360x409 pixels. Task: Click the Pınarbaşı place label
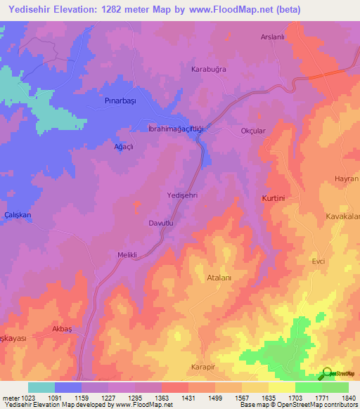[x=115, y=102]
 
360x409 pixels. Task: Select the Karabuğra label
[x=208, y=70]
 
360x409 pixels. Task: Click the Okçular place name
[x=253, y=131]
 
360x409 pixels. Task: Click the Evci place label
[x=319, y=261]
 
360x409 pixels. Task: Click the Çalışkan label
[x=17, y=214]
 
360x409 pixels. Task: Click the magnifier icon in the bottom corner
[x=328, y=374]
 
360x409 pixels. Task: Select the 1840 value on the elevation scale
[x=349, y=398]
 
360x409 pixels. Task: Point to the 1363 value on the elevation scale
[x=162, y=398]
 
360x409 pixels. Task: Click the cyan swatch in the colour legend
[x=41, y=387]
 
